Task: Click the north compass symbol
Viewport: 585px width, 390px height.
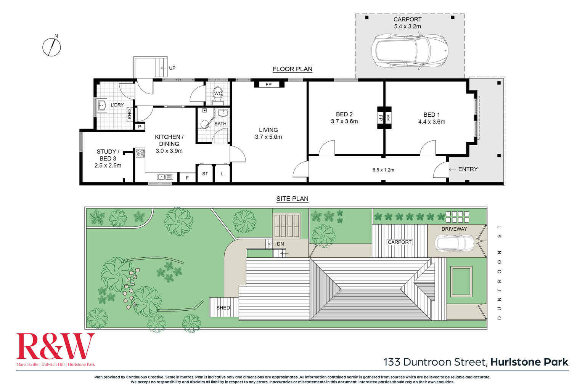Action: pyautogui.click(x=51, y=47)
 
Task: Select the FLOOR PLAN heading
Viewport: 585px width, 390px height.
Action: pyautogui.click(x=292, y=69)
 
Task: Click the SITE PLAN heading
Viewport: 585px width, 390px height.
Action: pyautogui.click(x=292, y=199)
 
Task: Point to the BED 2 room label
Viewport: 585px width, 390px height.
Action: pyautogui.click(x=344, y=114)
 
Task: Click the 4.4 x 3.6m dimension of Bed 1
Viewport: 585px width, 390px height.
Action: pyautogui.click(x=432, y=122)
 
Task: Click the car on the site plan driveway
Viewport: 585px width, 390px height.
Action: pyautogui.click(x=455, y=243)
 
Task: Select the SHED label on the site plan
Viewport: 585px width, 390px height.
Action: pyautogui.click(x=223, y=308)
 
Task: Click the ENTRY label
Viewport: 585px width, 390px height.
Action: pyautogui.click(x=468, y=169)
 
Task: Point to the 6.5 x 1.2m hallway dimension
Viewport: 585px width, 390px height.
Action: pyautogui.click(x=383, y=170)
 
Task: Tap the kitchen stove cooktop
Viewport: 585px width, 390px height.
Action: pyautogui.click(x=140, y=153)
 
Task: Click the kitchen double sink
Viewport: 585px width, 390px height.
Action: pyautogui.click(x=165, y=177)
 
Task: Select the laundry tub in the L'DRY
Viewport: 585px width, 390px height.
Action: pyautogui.click(x=102, y=106)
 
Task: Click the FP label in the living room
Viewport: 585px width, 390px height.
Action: pyautogui.click(x=268, y=85)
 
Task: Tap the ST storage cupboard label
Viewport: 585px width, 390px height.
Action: pyautogui.click(x=205, y=173)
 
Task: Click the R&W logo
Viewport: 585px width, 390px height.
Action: pyautogui.click(x=55, y=346)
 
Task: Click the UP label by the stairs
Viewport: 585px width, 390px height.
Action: pyautogui.click(x=172, y=68)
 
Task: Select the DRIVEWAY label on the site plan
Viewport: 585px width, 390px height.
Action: pyautogui.click(x=454, y=229)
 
